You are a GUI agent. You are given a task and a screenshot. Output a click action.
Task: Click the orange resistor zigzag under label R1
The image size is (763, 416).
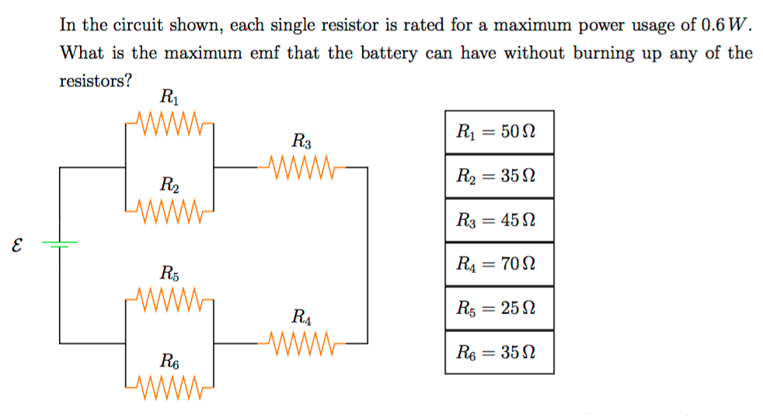click(169, 123)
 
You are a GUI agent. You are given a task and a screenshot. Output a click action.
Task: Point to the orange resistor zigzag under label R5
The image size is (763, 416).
click(169, 297)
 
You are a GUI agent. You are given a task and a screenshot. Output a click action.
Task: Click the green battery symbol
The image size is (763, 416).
click(60, 244)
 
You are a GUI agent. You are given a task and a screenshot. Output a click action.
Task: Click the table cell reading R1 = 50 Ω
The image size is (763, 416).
click(499, 131)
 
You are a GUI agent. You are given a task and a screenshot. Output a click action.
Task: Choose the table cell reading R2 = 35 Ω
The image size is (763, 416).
click(499, 176)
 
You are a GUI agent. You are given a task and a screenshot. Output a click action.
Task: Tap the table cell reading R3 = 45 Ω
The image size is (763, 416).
click(499, 220)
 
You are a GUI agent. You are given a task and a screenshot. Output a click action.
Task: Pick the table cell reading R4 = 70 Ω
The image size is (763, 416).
click(499, 264)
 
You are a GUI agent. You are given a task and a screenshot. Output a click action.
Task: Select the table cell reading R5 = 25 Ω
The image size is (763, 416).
click(499, 308)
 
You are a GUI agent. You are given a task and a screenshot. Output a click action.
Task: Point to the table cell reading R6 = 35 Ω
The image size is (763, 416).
click(499, 352)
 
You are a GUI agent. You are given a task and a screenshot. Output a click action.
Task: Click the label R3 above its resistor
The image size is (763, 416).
click(301, 142)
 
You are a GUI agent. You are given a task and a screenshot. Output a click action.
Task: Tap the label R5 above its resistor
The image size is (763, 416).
click(169, 273)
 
